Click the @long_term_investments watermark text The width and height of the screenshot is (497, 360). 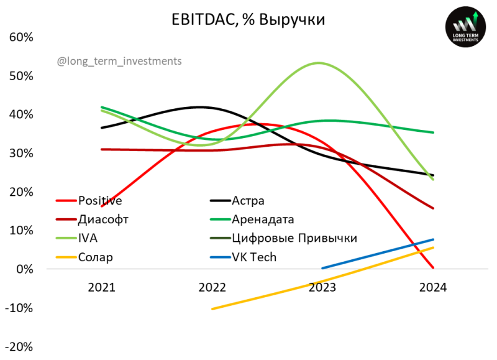(119, 61)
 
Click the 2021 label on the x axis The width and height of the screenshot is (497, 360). (101, 287)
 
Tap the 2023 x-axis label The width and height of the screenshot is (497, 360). (322, 287)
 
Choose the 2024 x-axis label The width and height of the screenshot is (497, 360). (433, 287)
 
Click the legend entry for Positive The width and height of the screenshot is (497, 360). (99, 200)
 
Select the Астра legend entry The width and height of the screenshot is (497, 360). (248, 200)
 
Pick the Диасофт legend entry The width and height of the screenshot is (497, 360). (103, 219)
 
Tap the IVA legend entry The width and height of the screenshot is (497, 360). (88, 238)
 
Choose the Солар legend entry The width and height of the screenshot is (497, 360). (96, 257)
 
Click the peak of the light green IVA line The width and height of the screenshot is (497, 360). (319, 63)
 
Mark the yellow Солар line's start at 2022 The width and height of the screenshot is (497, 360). (212, 308)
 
